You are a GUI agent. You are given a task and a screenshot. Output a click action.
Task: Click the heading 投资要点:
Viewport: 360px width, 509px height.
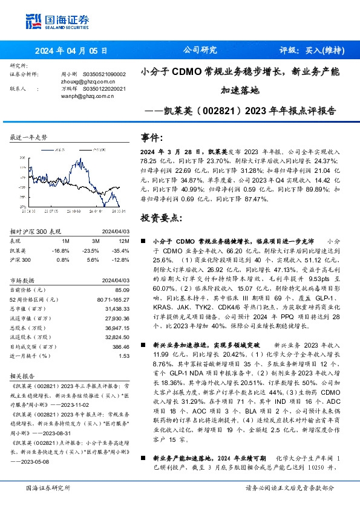tap(160, 217)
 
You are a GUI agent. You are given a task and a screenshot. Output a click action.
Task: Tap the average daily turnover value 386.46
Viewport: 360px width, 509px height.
tap(120, 347)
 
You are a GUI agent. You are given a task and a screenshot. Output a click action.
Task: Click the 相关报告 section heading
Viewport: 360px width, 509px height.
tap(23, 375)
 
